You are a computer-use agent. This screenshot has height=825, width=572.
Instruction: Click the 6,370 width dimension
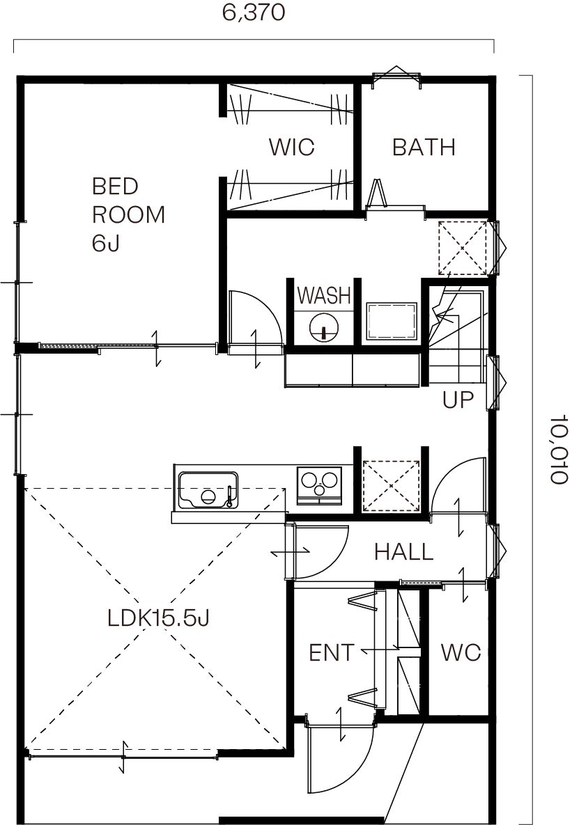click(x=254, y=12)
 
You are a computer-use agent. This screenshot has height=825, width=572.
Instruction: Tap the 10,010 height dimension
click(x=559, y=448)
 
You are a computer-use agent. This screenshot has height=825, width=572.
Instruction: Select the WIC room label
click(x=291, y=147)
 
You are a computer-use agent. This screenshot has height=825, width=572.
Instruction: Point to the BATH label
click(x=424, y=148)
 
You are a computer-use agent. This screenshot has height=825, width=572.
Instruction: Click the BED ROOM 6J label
click(x=128, y=214)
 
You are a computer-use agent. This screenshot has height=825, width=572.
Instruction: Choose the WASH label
click(x=324, y=296)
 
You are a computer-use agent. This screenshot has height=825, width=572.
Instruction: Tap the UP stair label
click(x=458, y=400)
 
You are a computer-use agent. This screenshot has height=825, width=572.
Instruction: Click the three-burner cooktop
click(x=318, y=485)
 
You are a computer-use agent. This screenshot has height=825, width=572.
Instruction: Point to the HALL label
click(x=403, y=552)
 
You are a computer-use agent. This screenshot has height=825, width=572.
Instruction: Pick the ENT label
click(x=332, y=653)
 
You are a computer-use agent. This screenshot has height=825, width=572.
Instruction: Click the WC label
click(x=461, y=653)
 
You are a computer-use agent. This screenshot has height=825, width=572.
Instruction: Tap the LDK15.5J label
click(x=159, y=618)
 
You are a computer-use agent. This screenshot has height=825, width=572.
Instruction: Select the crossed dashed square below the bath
click(x=463, y=247)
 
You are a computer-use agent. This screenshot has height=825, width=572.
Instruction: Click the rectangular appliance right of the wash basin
click(x=392, y=321)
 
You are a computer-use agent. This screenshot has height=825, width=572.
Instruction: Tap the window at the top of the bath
click(x=396, y=77)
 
